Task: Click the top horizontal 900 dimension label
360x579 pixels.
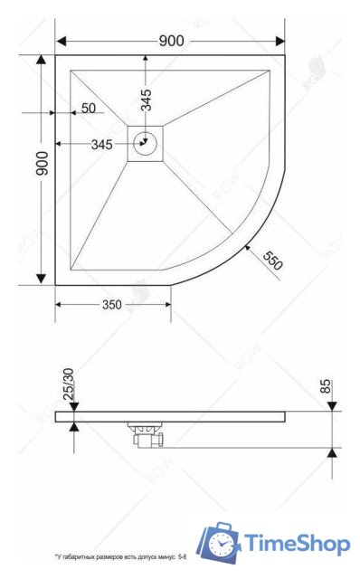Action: [171, 40]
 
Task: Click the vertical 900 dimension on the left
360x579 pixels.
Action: [41, 165]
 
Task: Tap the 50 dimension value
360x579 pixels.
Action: [89, 109]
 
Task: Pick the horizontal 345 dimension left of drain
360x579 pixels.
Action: [102, 144]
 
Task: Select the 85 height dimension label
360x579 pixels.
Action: [327, 388]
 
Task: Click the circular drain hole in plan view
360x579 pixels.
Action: [145, 142]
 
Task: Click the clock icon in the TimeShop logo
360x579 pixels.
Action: [221, 545]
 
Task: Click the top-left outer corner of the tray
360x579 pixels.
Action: [56, 56]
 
